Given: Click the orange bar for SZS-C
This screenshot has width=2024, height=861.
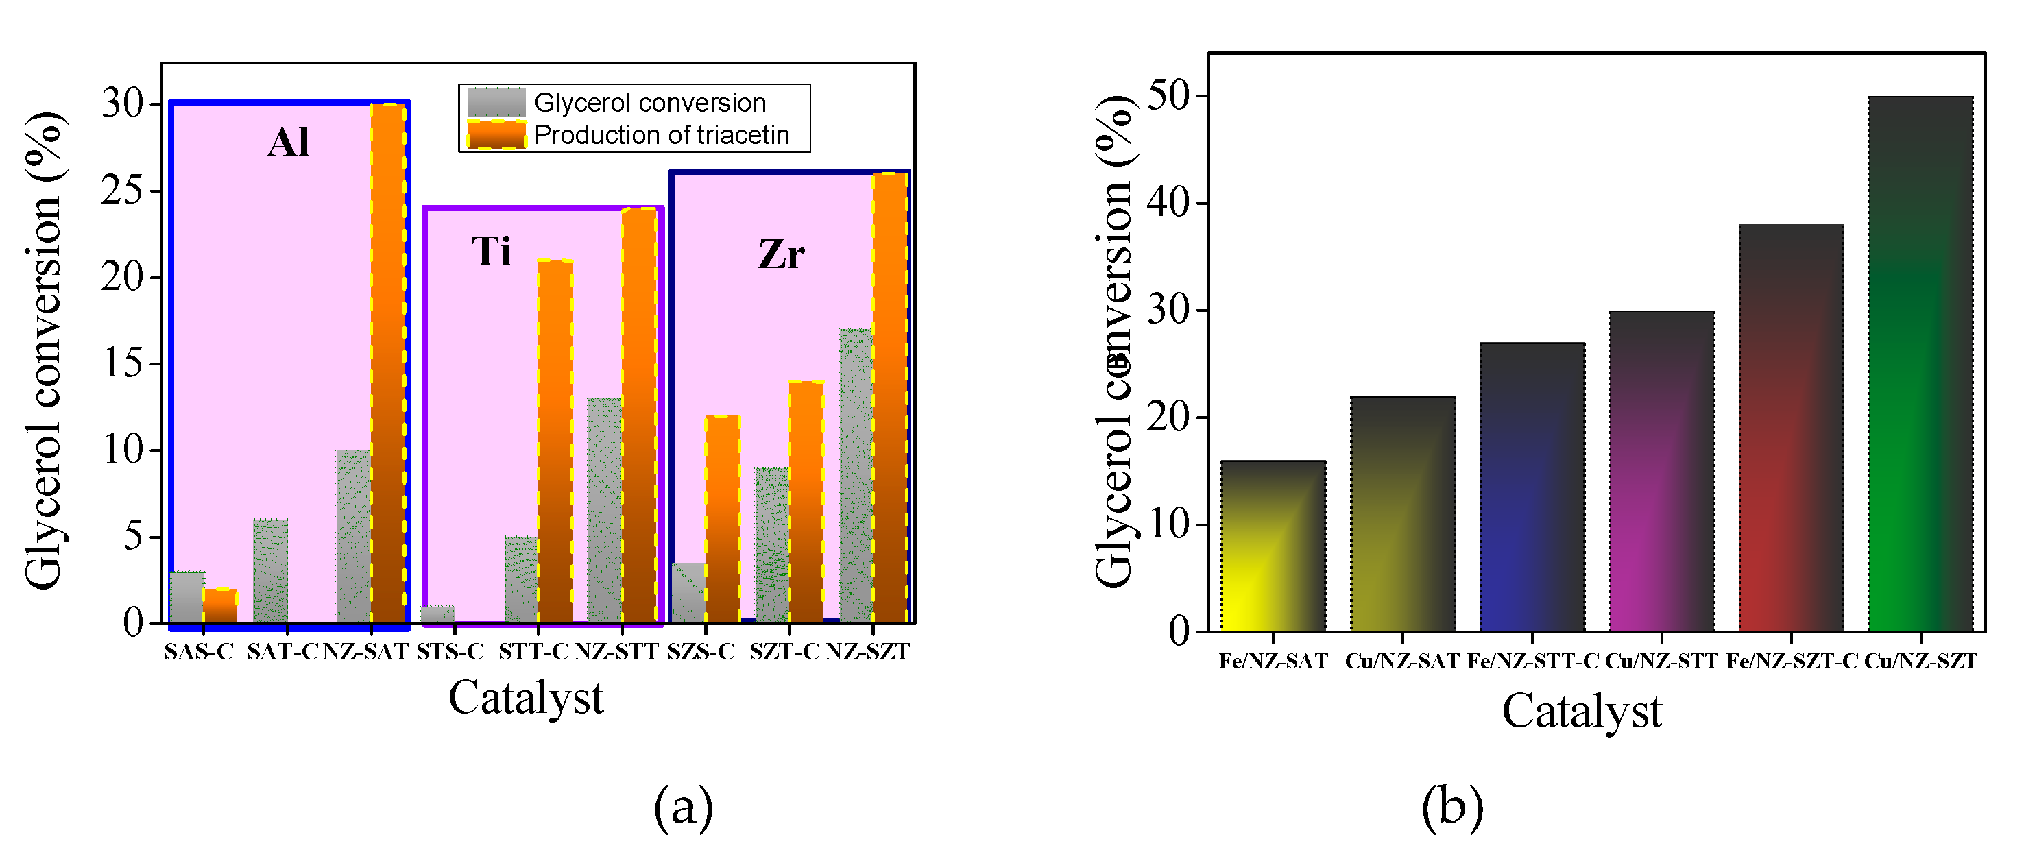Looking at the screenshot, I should pos(722,519).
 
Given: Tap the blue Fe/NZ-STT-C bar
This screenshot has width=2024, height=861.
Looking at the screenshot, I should pos(1531,487).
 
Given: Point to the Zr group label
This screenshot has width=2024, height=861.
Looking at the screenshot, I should pos(781,254).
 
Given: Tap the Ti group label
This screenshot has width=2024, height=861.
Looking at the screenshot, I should pos(492,252).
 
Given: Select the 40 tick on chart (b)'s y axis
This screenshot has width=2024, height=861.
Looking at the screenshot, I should pos(1168,204).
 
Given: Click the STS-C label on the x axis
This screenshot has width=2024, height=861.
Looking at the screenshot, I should pos(449,652).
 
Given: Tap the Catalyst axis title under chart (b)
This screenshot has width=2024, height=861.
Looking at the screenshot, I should pos(1582,712).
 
